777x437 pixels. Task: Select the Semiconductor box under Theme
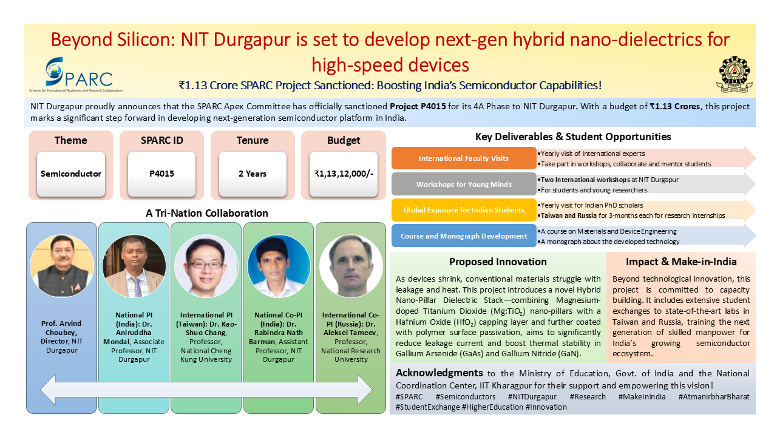(71, 174)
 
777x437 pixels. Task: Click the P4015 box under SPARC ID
(161, 174)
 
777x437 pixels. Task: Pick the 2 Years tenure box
(253, 174)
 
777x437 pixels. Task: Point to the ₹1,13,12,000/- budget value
(343, 174)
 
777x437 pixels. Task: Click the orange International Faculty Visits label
(464, 158)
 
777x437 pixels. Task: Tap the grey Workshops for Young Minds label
(464, 184)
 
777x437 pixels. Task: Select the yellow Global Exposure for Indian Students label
(464, 210)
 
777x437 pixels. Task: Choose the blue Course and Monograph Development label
(464, 235)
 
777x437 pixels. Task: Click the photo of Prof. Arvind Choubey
(62, 266)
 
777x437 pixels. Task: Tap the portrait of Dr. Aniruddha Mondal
(134, 266)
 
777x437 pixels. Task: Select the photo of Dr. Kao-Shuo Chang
(206, 266)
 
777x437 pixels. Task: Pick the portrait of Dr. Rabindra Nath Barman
(279, 266)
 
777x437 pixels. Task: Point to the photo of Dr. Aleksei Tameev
(351, 266)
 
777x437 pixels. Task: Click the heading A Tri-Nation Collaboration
(207, 213)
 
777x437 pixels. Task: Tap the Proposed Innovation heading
(498, 262)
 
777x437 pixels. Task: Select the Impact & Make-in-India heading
(681, 262)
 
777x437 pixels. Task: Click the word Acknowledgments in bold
(439, 373)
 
